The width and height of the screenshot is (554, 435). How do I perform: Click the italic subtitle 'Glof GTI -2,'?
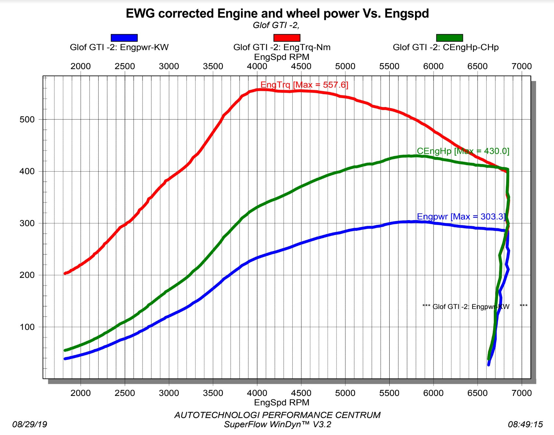click(276, 25)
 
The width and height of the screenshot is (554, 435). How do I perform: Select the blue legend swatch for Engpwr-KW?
click(124, 38)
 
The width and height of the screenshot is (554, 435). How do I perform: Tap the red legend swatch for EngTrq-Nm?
click(287, 38)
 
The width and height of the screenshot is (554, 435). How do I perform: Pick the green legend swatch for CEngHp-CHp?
click(450, 38)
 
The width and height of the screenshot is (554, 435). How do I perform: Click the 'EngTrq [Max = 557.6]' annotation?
click(304, 85)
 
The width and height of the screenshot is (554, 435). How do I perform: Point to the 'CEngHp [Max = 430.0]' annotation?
click(463, 151)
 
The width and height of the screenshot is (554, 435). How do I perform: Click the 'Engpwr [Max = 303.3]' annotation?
click(461, 217)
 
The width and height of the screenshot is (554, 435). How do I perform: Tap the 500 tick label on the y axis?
click(27, 119)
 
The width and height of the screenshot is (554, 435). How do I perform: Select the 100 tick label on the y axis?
click(27, 327)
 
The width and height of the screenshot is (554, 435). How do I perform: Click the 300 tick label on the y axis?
click(27, 223)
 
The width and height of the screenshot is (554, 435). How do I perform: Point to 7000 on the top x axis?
click(521, 66)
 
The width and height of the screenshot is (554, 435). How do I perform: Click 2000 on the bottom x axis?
click(80, 393)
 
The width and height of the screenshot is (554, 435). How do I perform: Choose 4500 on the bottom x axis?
click(301, 393)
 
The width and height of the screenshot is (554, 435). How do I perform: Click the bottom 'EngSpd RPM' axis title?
click(282, 402)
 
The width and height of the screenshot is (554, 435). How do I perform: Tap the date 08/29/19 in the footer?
click(30, 424)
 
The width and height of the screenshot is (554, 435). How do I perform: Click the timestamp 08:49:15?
click(525, 424)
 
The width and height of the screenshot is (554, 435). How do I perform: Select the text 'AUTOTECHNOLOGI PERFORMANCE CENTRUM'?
click(277, 415)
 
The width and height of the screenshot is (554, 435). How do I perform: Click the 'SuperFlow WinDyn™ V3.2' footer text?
click(277, 424)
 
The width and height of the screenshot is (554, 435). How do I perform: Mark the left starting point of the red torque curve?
click(65, 274)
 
